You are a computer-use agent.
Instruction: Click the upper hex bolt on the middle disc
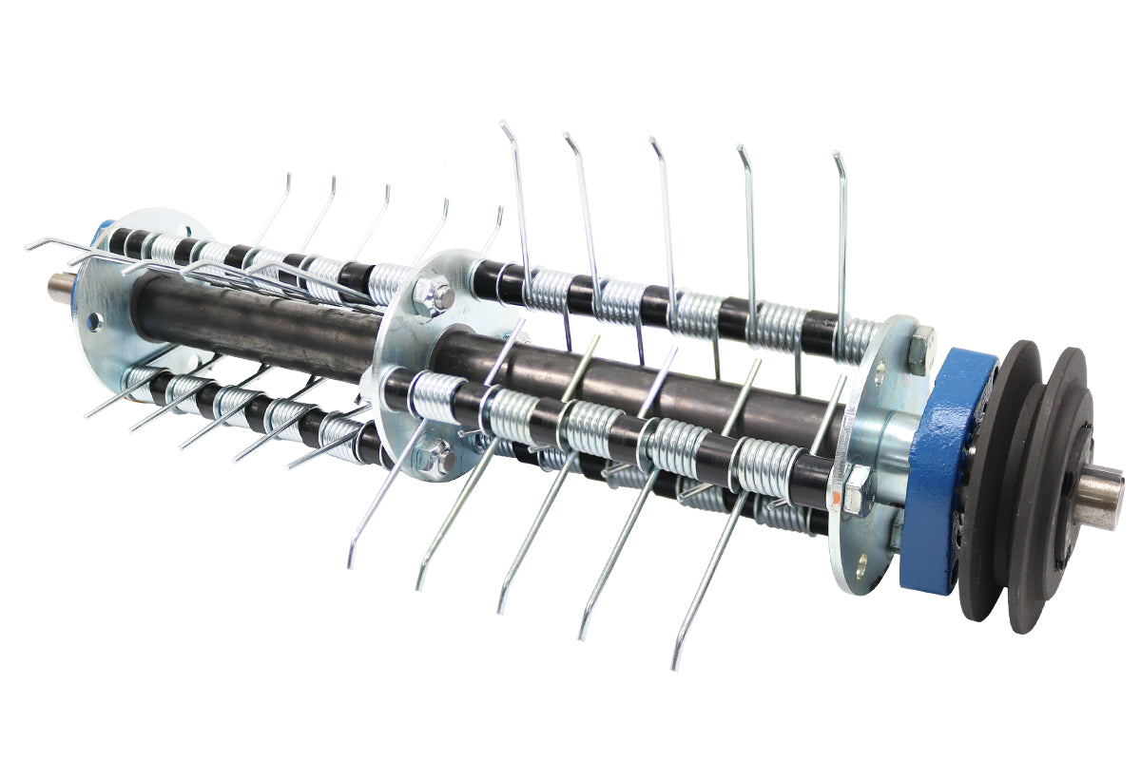[x=433, y=295]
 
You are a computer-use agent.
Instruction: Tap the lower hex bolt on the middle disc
[x=435, y=457]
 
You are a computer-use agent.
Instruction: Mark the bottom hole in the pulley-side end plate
[x=861, y=561]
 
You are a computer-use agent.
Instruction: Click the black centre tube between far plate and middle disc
[x=257, y=323]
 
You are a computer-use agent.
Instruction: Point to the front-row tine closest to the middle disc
[x=390, y=494]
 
